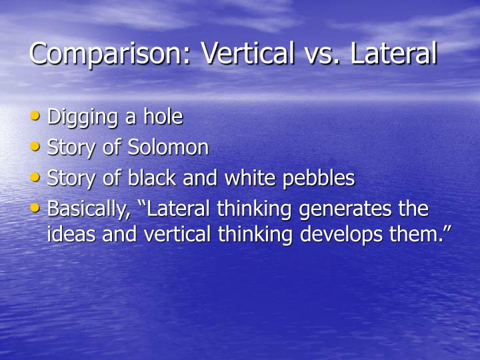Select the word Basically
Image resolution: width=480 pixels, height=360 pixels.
pos(87,210)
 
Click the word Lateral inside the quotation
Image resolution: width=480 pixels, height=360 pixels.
pos(175,209)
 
